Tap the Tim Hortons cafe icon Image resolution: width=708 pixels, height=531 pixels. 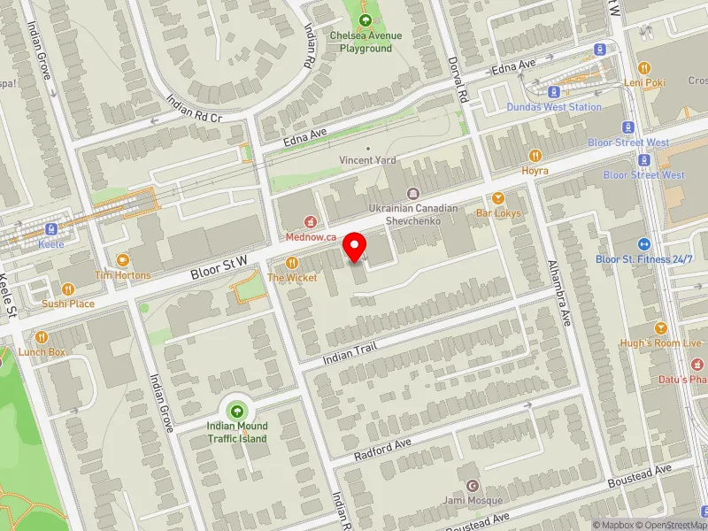(x=122, y=260)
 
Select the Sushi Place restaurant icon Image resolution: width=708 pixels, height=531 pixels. (x=68, y=289)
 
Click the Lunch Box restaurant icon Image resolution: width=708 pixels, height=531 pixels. (x=42, y=337)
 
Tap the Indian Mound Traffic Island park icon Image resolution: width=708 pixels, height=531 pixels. (x=237, y=411)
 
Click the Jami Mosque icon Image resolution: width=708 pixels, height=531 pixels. (x=472, y=486)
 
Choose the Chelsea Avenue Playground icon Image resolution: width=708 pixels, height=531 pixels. (x=366, y=20)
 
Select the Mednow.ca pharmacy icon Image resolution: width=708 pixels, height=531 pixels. (x=310, y=222)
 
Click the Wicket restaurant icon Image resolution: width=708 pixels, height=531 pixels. (x=291, y=262)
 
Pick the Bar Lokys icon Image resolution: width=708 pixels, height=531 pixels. (x=498, y=198)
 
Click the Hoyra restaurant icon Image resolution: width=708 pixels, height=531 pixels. (x=535, y=155)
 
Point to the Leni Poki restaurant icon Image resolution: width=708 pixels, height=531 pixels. (x=643, y=67)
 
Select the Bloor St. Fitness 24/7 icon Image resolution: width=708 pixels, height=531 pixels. (x=643, y=244)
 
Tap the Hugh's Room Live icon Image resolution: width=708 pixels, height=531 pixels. (x=660, y=327)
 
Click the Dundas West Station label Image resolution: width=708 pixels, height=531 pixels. (x=554, y=107)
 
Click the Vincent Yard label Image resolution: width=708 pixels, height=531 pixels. (x=368, y=160)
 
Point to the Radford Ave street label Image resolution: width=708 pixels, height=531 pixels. (x=383, y=449)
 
